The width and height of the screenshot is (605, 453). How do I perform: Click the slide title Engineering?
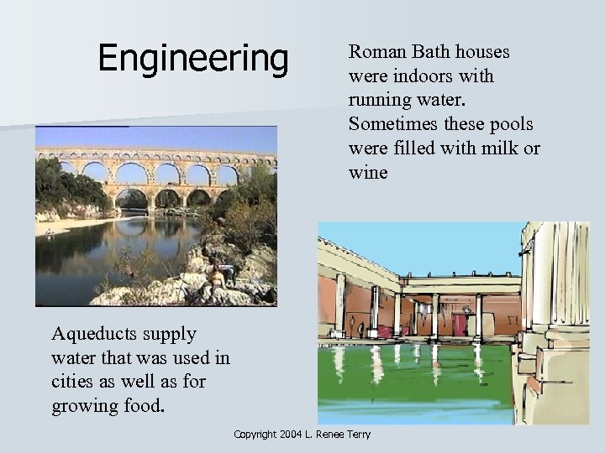tap(192, 58)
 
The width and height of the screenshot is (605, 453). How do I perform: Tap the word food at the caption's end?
tap(150, 407)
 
